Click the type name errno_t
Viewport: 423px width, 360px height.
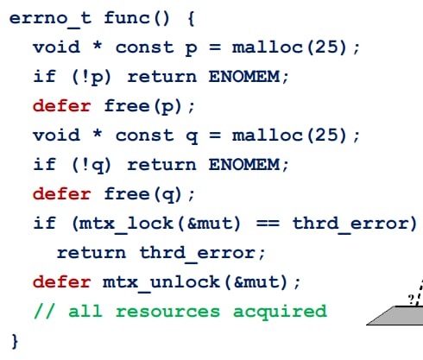coord(51,19)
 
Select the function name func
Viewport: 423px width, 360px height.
coord(127,18)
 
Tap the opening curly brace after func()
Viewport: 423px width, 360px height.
coord(191,19)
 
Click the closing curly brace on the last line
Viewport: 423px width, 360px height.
coord(15,342)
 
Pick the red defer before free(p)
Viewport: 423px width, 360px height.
coord(62,105)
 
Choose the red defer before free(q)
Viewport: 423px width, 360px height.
coord(62,193)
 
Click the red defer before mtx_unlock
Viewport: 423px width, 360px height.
coord(62,281)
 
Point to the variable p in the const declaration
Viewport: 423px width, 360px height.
coord(192,49)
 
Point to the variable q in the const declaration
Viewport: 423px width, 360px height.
coord(192,137)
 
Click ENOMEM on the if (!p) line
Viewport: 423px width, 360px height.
coord(244,77)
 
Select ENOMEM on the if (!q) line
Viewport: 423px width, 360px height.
coord(244,165)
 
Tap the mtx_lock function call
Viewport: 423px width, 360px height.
coord(126,224)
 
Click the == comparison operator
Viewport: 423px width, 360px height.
coord(268,224)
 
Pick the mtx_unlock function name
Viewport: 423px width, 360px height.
coord(161,283)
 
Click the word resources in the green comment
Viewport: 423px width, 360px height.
coord(167,312)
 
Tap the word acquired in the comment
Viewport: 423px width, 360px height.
coord(280,313)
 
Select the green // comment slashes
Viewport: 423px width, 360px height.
coord(44,312)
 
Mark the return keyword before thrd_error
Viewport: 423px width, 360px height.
coord(92,253)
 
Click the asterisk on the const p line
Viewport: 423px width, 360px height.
coord(98,46)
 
